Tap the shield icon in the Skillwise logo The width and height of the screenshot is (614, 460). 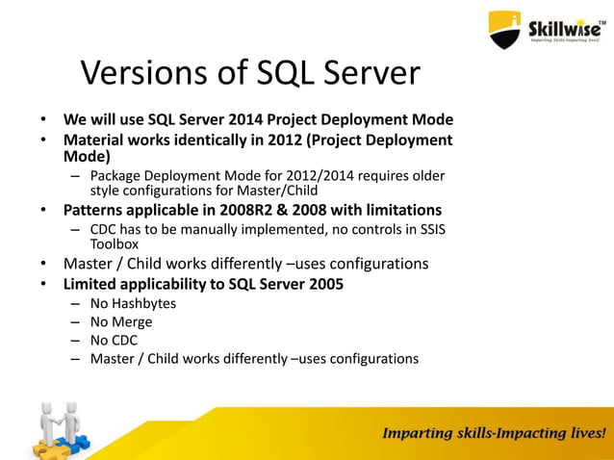[506, 30]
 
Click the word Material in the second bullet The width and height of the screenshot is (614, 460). [96, 141]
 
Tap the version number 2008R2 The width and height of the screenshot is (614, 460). [262, 210]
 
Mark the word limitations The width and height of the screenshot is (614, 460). [397, 210]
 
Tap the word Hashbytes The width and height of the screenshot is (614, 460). [144, 304]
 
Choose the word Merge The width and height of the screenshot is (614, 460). [133, 322]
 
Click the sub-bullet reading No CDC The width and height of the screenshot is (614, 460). [115, 341]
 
